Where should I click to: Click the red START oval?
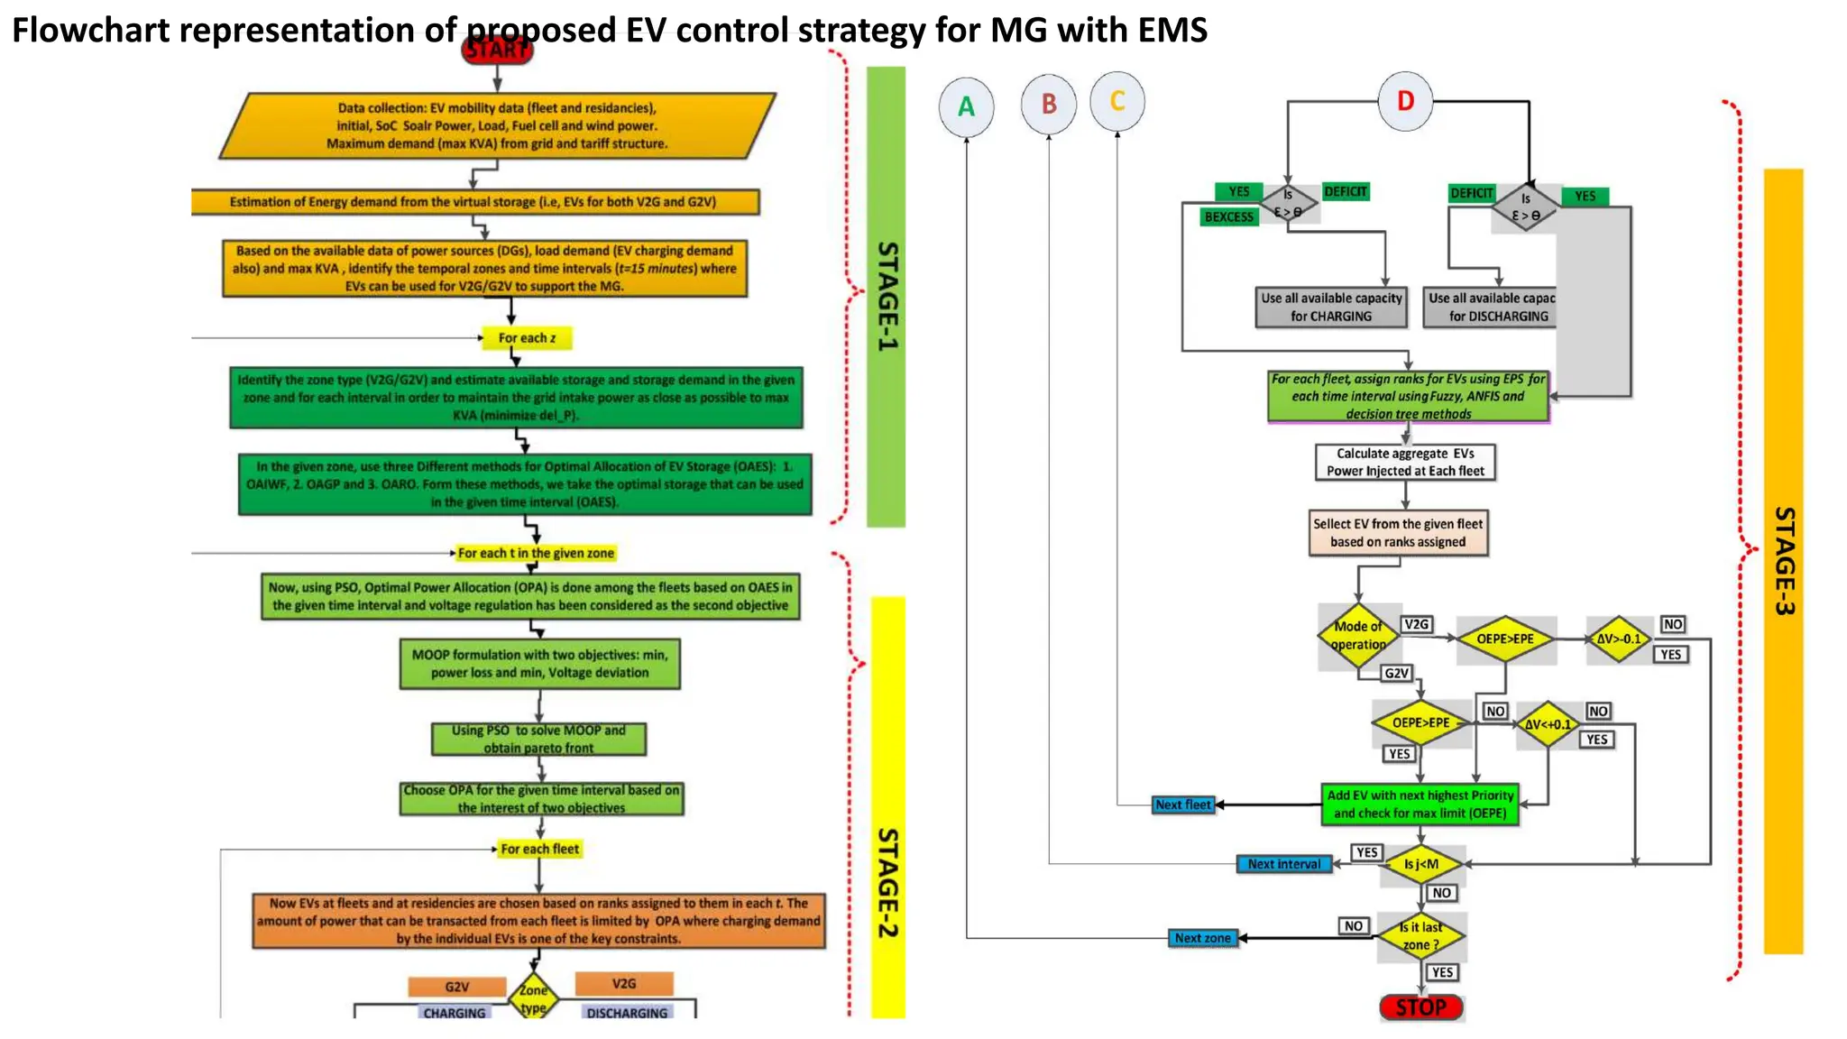[x=497, y=50]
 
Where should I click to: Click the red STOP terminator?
[x=1421, y=1007]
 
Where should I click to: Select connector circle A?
[x=966, y=107]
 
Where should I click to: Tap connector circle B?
[x=1049, y=105]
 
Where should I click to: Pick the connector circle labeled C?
[x=1117, y=101]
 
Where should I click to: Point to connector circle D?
[x=1405, y=101]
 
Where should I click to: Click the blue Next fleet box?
[x=1183, y=805]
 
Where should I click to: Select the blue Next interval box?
[x=1283, y=864]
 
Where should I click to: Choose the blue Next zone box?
[x=1202, y=938]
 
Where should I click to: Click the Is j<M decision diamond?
[x=1421, y=864]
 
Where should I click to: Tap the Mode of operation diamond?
[x=1358, y=636]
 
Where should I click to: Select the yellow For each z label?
[x=528, y=338]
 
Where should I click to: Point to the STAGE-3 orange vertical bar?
[x=1783, y=559]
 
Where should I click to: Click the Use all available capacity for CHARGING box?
[x=1331, y=308]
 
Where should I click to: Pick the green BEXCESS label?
[x=1228, y=217]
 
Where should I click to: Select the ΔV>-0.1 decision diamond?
[x=1619, y=639]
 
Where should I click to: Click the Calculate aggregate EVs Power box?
[x=1405, y=462]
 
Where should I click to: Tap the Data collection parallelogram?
[x=497, y=125]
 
